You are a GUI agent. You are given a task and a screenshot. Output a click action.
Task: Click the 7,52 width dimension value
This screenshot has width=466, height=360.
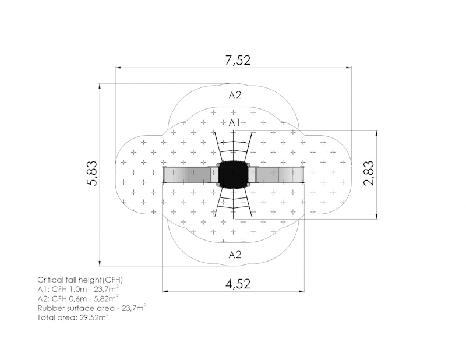(238, 61)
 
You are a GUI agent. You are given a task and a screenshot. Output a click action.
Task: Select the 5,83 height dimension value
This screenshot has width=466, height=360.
(93, 174)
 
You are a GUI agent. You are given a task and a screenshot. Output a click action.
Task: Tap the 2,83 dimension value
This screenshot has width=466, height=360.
(369, 174)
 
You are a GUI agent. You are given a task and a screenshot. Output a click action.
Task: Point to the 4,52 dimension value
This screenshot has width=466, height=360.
(238, 284)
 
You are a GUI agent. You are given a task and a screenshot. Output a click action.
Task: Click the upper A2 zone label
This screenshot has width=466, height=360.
(235, 95)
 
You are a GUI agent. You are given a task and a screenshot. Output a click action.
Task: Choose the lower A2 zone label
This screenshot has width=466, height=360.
(235, 255)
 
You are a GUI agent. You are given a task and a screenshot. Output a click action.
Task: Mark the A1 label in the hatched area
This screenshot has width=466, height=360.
(235, 122)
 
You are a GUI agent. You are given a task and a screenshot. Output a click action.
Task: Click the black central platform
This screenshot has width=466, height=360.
(234, 175)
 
